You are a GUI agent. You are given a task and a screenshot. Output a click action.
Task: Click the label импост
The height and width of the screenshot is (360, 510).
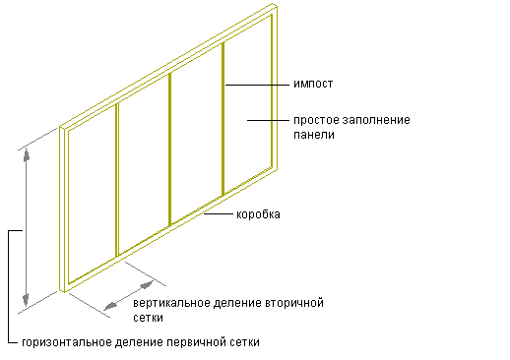tap(313, 84)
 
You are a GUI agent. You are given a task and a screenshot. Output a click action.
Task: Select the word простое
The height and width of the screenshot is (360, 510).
tap(316, 120)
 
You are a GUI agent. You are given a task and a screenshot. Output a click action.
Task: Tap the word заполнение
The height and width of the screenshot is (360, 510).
tap(376, 120)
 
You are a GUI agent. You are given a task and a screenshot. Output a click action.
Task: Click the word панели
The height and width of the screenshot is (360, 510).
tap(314, 135)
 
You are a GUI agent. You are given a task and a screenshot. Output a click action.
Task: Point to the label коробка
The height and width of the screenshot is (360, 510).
tap(258, 214)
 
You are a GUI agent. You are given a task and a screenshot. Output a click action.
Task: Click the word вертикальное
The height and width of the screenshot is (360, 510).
tap(171, 303)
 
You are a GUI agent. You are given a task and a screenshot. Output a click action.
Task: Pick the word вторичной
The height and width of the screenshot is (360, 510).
tap(294, 303)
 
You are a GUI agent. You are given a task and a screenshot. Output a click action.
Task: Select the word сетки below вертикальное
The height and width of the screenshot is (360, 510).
tap(148, 318)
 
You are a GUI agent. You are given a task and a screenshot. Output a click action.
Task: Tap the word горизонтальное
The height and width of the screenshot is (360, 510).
tap(67, 342)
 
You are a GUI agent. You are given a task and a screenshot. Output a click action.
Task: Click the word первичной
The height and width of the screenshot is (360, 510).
tap(192, 342)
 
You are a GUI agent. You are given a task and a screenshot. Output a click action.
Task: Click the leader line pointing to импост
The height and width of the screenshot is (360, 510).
tap(257, 85)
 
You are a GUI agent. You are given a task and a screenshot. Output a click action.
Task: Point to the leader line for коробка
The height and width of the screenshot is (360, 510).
tap(219, 213)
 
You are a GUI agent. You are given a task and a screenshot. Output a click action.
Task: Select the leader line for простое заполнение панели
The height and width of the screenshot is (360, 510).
tap(268, 120)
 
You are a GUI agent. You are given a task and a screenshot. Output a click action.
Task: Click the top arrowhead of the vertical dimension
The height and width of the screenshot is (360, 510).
tap(27, 154)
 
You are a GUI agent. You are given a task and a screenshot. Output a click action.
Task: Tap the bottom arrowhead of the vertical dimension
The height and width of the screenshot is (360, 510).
tap(26, 300)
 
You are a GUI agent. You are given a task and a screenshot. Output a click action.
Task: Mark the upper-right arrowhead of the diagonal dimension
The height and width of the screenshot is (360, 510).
tap(147, 285)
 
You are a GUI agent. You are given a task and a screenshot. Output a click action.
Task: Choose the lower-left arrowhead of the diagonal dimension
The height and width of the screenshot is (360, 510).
tap(110, 306)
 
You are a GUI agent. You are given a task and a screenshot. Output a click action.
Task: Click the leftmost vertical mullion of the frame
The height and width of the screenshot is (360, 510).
tap(117, 180)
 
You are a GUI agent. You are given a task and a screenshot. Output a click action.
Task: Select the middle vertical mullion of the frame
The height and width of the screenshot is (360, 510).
tap(170, 150)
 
